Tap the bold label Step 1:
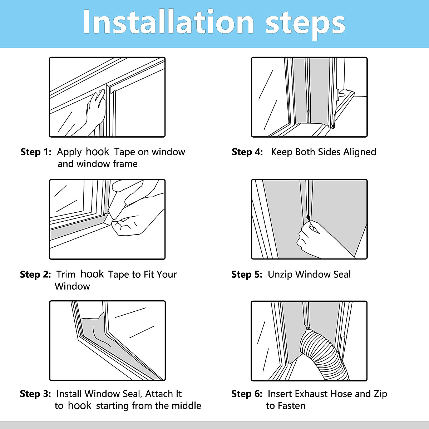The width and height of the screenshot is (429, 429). click(x=36, y=152)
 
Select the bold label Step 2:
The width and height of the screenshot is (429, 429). click(x=35, y=274)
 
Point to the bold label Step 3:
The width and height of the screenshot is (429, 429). click(x=35, y=394)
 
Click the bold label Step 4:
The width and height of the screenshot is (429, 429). click(x=247, y=152)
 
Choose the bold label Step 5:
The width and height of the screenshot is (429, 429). click(x=247, y=274)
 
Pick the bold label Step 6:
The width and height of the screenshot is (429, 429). click(x=247, y=394)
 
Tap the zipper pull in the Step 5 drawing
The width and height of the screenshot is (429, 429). click(x=308, y=217)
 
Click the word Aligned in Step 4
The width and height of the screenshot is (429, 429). click(x=360, y=152)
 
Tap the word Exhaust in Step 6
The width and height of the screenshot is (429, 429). click(x=311, y=394)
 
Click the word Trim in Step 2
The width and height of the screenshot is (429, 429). click(x=66, y=274)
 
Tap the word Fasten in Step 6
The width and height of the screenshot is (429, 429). click(x=291, y=406)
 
